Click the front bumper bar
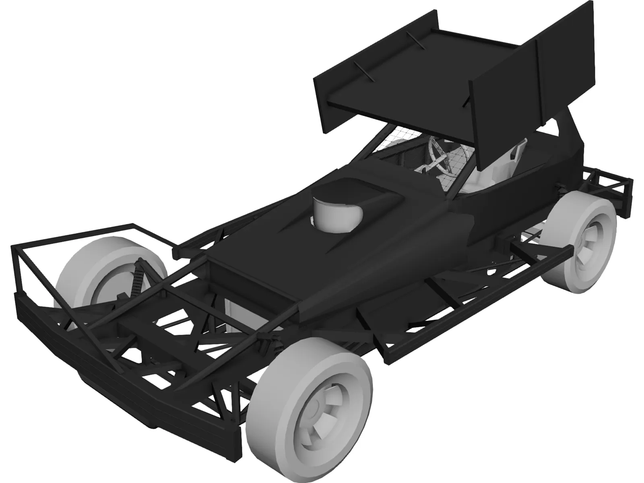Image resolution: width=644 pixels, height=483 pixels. (x=121, y=354)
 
